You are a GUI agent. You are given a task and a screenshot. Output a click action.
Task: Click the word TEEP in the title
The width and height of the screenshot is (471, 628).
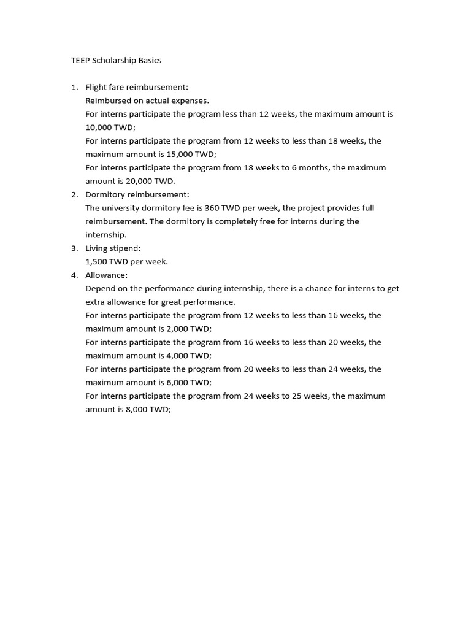77,61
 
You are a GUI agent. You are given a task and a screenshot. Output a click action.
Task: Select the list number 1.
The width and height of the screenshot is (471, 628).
74,87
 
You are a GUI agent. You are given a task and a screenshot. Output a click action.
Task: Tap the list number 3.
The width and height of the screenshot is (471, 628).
74,248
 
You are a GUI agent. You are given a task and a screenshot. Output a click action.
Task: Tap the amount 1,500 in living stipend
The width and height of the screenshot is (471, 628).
97,261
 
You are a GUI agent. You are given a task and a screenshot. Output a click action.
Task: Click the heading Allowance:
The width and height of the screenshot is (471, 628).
107,275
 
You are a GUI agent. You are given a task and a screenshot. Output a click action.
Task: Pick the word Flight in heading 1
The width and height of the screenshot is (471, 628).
97,87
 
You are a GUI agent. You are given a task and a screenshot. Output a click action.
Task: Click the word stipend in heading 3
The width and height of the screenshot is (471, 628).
126,248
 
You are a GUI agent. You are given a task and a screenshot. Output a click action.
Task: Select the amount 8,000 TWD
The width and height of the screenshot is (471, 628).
144,409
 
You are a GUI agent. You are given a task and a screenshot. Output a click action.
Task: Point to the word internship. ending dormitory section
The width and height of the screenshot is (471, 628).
106,234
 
